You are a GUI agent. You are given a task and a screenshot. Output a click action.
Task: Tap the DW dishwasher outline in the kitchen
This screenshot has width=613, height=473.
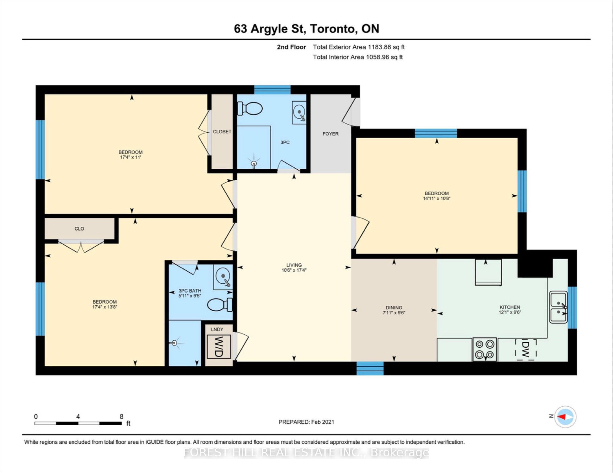[x=525, y=350]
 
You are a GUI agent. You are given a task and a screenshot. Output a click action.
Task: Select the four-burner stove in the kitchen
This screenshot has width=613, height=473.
[x=485, y=349]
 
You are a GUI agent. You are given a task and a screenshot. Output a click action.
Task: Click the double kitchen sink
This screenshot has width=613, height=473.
[x=558, y=307]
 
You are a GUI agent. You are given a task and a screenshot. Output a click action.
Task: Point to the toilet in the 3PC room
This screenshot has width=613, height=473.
[x=250, y=108]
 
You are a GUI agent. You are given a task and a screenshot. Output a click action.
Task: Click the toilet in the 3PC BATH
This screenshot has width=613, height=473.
[x=220, y=305]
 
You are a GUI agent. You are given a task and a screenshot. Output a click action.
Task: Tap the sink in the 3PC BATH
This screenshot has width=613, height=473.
[x=223, y=277]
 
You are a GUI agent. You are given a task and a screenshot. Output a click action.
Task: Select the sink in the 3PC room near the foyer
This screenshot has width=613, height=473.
[x=299, y=113]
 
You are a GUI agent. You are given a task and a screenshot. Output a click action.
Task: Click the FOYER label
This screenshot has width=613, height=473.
[x=330, y=134]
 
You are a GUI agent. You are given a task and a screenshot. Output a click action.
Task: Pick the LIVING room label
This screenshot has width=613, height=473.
[x=294, y=265]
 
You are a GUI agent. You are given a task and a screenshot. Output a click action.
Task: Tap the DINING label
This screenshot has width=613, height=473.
[x=394, y=308]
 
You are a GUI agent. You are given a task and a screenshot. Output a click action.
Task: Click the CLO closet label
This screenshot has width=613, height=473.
[x=79, y=229]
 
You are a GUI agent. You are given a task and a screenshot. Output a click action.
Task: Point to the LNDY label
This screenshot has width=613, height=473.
[x=217, y=329]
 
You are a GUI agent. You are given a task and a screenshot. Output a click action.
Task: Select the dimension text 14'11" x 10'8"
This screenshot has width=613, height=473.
[x=437, y=198]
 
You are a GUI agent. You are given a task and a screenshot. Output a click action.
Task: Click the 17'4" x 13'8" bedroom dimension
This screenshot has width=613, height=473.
[x=104, y=307]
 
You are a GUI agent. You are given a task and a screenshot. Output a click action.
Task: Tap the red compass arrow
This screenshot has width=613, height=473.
[x=561, y=417]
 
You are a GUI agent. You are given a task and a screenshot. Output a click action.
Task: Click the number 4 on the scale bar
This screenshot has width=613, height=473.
[x=78, y=416]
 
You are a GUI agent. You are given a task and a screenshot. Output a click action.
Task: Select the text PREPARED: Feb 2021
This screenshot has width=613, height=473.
[x=306, y=422]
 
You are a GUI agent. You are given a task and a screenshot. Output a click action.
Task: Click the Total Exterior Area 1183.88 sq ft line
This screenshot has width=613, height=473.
[x=359, y=47]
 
